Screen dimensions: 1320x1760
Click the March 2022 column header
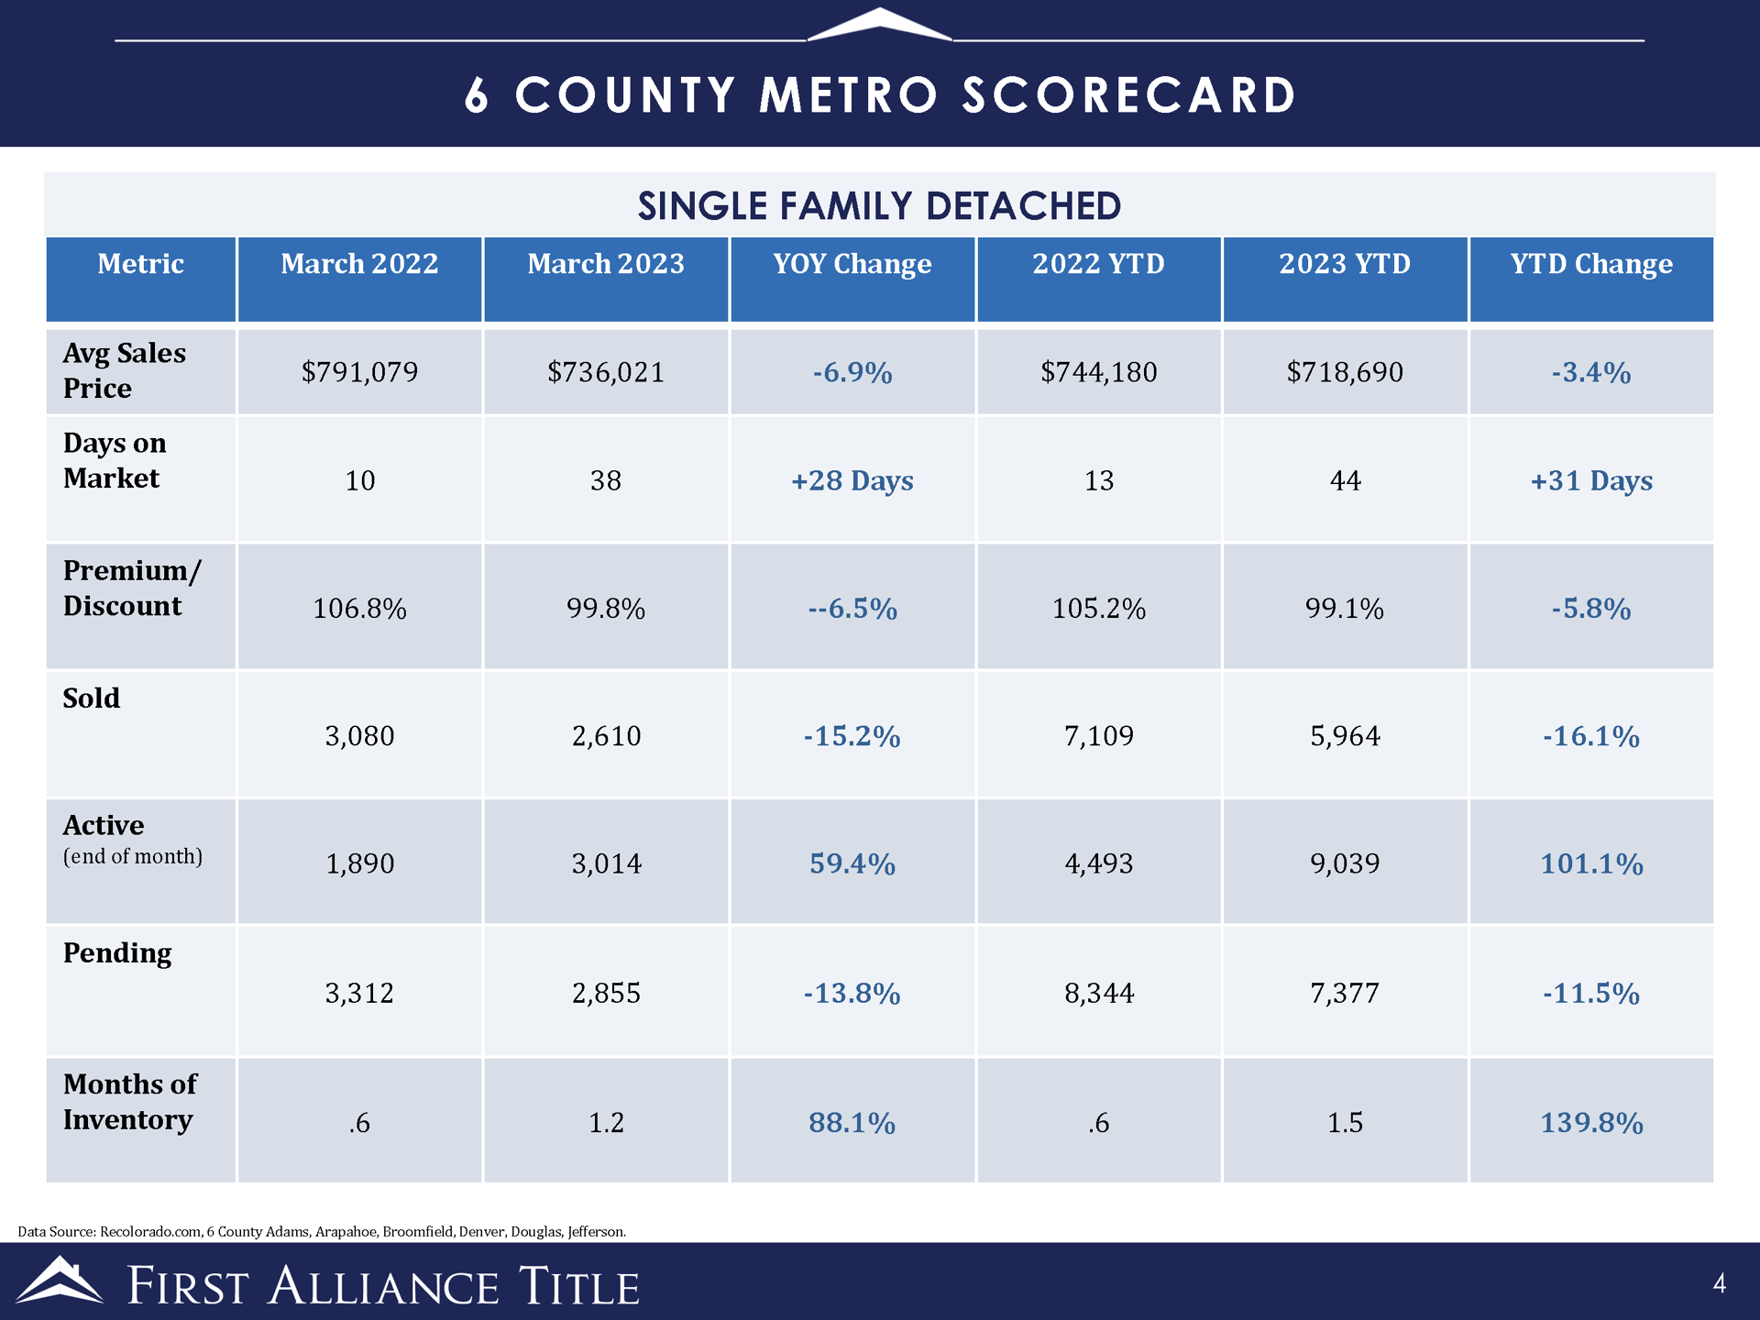(359, 264)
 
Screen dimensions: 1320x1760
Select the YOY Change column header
(852, 264)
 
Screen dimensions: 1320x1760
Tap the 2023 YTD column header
(1345, 264)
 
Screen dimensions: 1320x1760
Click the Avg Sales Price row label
(124, 370)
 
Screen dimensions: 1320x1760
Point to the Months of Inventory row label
(129, 1102)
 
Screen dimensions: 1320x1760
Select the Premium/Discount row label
(131, 588)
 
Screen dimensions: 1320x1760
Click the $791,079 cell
(359, 372)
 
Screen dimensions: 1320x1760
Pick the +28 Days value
(852, 480)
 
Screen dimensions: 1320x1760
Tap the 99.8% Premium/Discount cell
(606, 609)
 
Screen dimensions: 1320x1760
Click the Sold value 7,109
(1098, 735)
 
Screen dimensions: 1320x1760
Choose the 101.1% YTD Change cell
(1591, 863)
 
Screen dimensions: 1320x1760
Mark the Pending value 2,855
(606, 993)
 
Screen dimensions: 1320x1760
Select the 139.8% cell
(1591, 1123)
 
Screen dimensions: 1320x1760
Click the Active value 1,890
(359, 863)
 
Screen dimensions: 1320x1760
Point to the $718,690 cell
(1345, 372)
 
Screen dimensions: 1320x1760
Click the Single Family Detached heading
(879, 206)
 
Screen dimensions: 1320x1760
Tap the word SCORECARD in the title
(1128, 95)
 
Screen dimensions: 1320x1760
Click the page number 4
(1719, 1283)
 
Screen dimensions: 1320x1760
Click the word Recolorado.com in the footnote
(150, 1231)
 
